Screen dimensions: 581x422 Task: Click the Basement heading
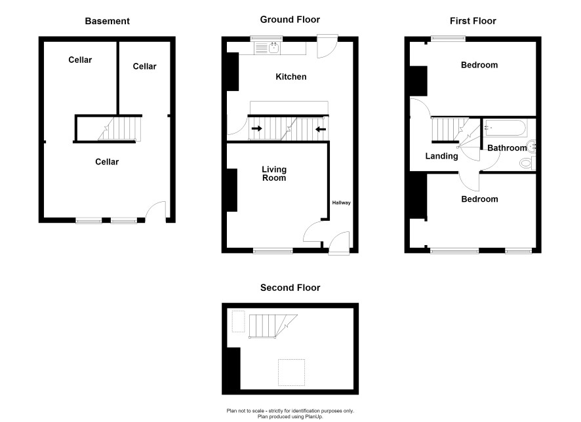click(107, 21)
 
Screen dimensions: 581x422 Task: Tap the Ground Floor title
click(290, 20)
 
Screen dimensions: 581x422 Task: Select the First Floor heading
click(473, 21)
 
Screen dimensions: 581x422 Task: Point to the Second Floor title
click(290, 288)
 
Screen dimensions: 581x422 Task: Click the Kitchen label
click(291, 77)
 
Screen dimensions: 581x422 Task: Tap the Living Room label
click(274, 174)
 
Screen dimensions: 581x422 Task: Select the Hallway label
click(341, 202)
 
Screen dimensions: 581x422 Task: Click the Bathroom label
click(507, 148)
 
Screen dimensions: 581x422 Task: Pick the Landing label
click(441, 156)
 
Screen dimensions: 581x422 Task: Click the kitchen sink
click(274, 48)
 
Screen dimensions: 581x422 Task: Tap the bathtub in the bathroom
click(505, 128)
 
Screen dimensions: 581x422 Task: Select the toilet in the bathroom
click(528, 163)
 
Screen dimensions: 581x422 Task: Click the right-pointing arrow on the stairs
click(257, 129)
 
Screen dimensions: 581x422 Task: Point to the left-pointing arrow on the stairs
click(321, 129)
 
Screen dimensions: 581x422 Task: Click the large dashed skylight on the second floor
click(292, 372)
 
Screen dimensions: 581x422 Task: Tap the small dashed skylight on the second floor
click(238, 322)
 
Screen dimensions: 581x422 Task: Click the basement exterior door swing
click(156, 211)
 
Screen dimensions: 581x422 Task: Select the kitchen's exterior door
click(328, 47)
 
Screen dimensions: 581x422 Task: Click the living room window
click(273, 251)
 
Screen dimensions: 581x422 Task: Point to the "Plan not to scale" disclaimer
click(290, 411)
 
